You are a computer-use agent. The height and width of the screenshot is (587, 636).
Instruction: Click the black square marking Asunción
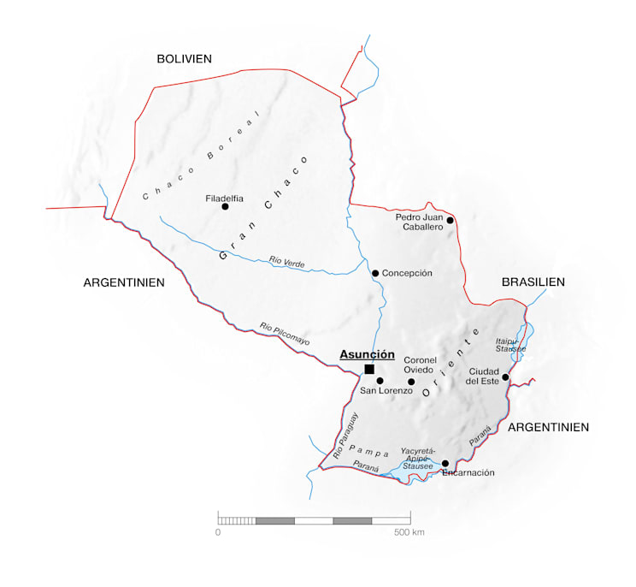click(x=369, y=369)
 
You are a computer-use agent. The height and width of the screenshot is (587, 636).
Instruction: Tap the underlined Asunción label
click(x=367, y=353)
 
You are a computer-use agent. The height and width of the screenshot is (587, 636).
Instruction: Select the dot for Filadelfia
click(x=225, y=206)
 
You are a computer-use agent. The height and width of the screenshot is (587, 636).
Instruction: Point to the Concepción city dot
click(x=375, y=273)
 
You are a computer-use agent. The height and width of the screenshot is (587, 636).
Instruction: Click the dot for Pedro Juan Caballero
click(x=450, y=220)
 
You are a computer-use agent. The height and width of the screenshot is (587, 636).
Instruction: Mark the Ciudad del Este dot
click(x=505, y=377)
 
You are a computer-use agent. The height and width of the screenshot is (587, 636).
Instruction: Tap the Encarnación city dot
click(x=445, y=463)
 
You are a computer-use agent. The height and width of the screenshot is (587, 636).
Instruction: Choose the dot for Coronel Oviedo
click(x=411, y=382)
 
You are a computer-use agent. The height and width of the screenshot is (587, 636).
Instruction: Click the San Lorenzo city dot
click(x=380, y=380)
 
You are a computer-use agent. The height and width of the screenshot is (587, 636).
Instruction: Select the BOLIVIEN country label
click(x=184, y=58)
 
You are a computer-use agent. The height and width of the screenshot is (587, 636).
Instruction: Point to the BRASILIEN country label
click(x=533, y=282)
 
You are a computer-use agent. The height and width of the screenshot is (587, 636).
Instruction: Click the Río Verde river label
click(x=287, y=261)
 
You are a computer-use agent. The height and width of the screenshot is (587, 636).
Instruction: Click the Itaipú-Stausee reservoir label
click(x=510, y=345)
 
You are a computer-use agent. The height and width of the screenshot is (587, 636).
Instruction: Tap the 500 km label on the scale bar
click(x=409, y=532)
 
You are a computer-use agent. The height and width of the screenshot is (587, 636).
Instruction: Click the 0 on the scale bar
click(x=218, y=532)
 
